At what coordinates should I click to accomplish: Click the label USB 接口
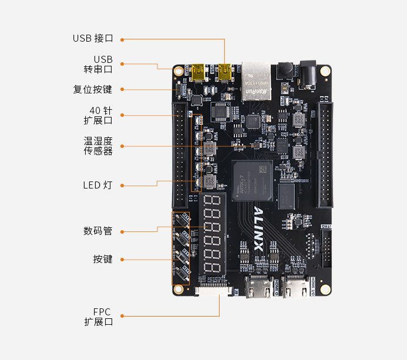pos(92,39)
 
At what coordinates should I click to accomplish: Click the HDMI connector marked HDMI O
pos(259,287)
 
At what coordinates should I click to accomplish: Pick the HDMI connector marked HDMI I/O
pos(295,287)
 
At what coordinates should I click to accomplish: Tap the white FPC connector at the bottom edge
pos(213,291)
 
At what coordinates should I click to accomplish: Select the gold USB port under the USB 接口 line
pos(224,73)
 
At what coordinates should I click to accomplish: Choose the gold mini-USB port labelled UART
pos(198,73)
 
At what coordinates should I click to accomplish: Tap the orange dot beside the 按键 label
pos(122,259)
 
